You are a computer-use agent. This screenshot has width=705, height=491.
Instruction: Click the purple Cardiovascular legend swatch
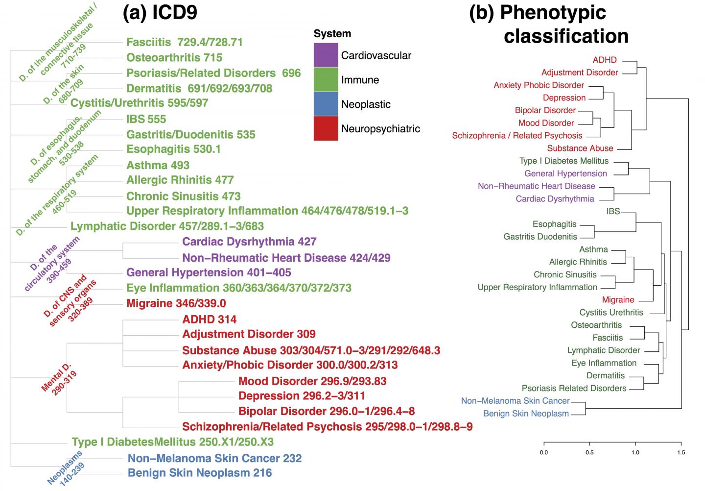tap(326, 55)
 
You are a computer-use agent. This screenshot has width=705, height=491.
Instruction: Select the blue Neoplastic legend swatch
tap(326, 104)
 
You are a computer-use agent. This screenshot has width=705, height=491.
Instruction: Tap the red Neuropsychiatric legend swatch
tap(326, 128)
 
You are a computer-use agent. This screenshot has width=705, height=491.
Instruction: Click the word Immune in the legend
tap(360, 80)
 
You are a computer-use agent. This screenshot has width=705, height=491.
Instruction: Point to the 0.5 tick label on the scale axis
tap(589, 452)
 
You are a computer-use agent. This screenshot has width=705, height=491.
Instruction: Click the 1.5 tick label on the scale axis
tap(681, 452)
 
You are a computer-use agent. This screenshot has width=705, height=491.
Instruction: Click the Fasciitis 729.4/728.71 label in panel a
tap(185, 42)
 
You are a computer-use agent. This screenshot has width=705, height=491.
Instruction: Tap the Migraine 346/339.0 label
tap(176, 303)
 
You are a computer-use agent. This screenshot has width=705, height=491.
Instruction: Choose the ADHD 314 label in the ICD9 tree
tap(209, 319)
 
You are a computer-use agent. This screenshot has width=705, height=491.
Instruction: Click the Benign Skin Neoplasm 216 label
tap(200, 473)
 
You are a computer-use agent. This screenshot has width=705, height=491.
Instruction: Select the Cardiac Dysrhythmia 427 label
tap(249, 242)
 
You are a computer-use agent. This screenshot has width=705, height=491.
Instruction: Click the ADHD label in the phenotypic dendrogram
tap(605, 60)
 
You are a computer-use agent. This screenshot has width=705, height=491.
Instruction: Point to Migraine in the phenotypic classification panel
tap(618, 299)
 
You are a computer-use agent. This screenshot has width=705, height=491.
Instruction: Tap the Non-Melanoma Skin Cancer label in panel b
tap(516, 401)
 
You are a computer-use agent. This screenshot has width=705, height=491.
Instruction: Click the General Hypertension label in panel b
tap(565, 173)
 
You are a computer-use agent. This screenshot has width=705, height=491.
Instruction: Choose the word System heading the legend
tap(332, 34)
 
